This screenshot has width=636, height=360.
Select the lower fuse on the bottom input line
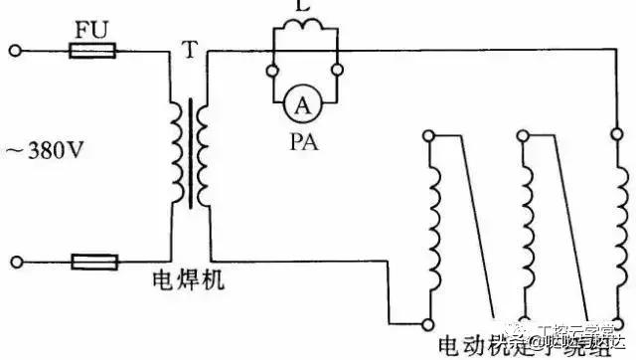point(95,263)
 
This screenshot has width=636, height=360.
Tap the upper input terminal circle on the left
point(14,48)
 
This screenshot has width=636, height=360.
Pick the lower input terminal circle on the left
point(14,263)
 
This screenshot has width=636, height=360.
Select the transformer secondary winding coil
point(203,154)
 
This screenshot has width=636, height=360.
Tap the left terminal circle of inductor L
point(271,71)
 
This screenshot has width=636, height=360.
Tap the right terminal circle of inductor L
point(338,71)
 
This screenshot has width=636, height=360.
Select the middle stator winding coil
point(525,229)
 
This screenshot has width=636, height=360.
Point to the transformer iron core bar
point(190,154)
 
